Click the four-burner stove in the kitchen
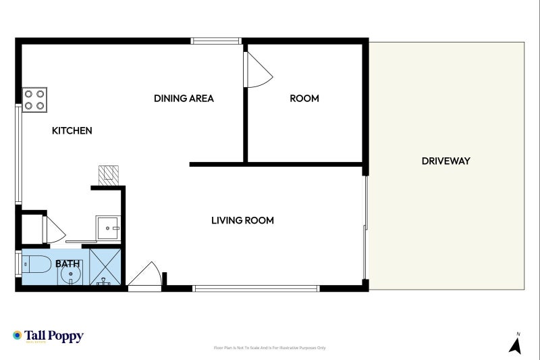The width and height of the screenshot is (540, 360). click(34, 100)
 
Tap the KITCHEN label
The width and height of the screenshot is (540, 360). click(72, 130)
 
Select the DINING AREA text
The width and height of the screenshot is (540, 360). click(184, 99)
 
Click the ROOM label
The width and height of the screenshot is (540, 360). click(304, 99)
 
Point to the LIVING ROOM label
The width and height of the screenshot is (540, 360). click(242, 220)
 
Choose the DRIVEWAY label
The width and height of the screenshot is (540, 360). click(446, 161)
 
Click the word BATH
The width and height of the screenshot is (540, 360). click(67, 263)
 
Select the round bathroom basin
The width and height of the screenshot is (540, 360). click(70, 276)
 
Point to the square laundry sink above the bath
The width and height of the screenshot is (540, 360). click(107, 228)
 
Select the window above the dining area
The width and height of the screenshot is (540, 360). click(216, 41)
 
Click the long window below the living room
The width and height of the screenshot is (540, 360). click(256, 288)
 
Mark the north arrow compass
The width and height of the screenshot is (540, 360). click(515, 344)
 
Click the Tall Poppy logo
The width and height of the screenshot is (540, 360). click(48, 336)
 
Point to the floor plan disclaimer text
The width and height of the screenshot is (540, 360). click(269, 348)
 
